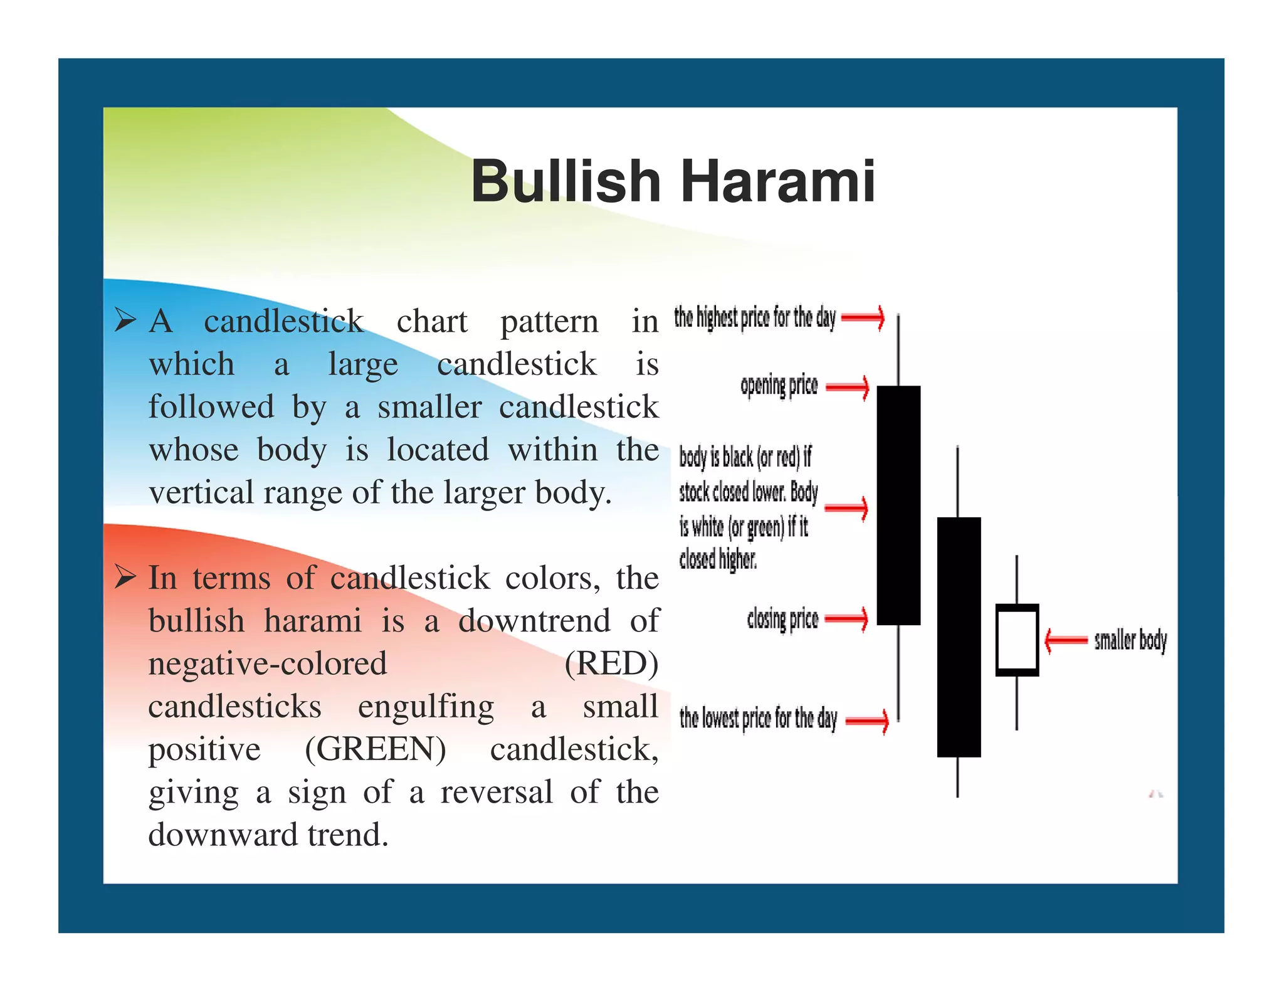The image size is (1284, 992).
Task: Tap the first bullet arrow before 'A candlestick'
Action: [x=125, y=320]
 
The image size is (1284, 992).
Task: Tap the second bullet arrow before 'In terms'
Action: [x=125, y=576]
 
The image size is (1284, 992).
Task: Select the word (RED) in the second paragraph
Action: [x=611, y=663]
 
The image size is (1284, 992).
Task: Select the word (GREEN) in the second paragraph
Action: [x=376, y=749]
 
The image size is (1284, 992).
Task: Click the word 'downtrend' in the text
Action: [x=534, y=621]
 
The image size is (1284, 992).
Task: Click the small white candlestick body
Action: [x=1017, y=640]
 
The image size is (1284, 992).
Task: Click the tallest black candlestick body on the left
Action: [x=898, y=505]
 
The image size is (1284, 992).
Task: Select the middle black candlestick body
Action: [x=959, y=636]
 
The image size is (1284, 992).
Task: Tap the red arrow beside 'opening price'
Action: [x=848, y=388]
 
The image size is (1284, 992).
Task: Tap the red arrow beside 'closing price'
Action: [x=847, y=620]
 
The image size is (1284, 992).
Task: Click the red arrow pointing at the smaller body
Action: [x=1065, y=640]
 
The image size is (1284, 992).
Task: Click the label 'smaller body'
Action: [x=1130, y=640]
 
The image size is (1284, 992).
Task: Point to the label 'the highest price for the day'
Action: [x=755, y=318]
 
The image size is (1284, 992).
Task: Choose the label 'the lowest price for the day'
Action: [x=758, y=719]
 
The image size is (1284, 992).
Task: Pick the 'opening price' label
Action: [x=779, y=386]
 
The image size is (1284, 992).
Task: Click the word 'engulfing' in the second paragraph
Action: [x=426, y=707]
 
